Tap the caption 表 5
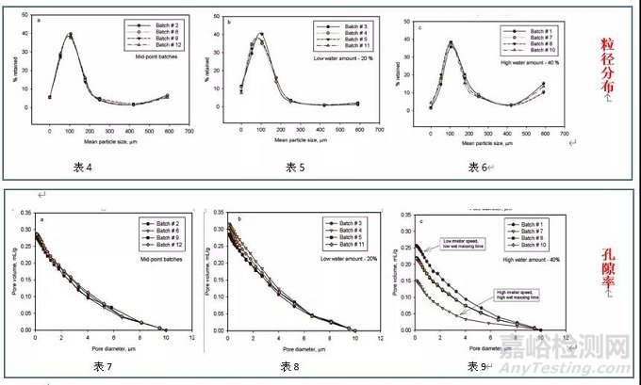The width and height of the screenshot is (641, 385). [296, 167]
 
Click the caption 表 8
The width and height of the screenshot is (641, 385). [292, 364]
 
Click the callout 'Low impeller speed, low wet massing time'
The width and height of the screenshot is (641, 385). [469, 245]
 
